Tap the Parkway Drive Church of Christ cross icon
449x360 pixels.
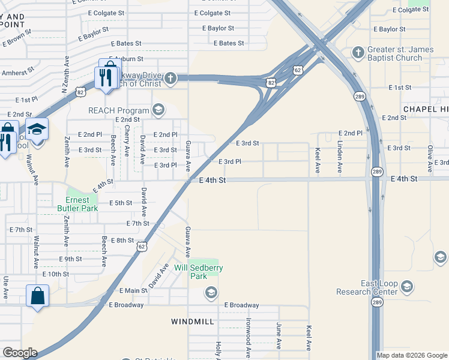tap(170, 77)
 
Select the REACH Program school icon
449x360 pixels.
tap(158, 110)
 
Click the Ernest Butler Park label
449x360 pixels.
tap(77, 204)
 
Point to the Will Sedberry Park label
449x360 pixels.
tap(199, 272)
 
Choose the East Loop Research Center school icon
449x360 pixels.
tap(408, 288)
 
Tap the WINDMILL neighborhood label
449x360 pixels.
tap(192, 322)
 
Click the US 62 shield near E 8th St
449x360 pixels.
tap(141, 246)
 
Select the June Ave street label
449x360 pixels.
tap(279, 335)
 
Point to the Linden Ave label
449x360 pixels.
tap(340, 157)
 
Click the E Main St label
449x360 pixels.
tap(133, 291)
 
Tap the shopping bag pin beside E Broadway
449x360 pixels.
tap(37, 296)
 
